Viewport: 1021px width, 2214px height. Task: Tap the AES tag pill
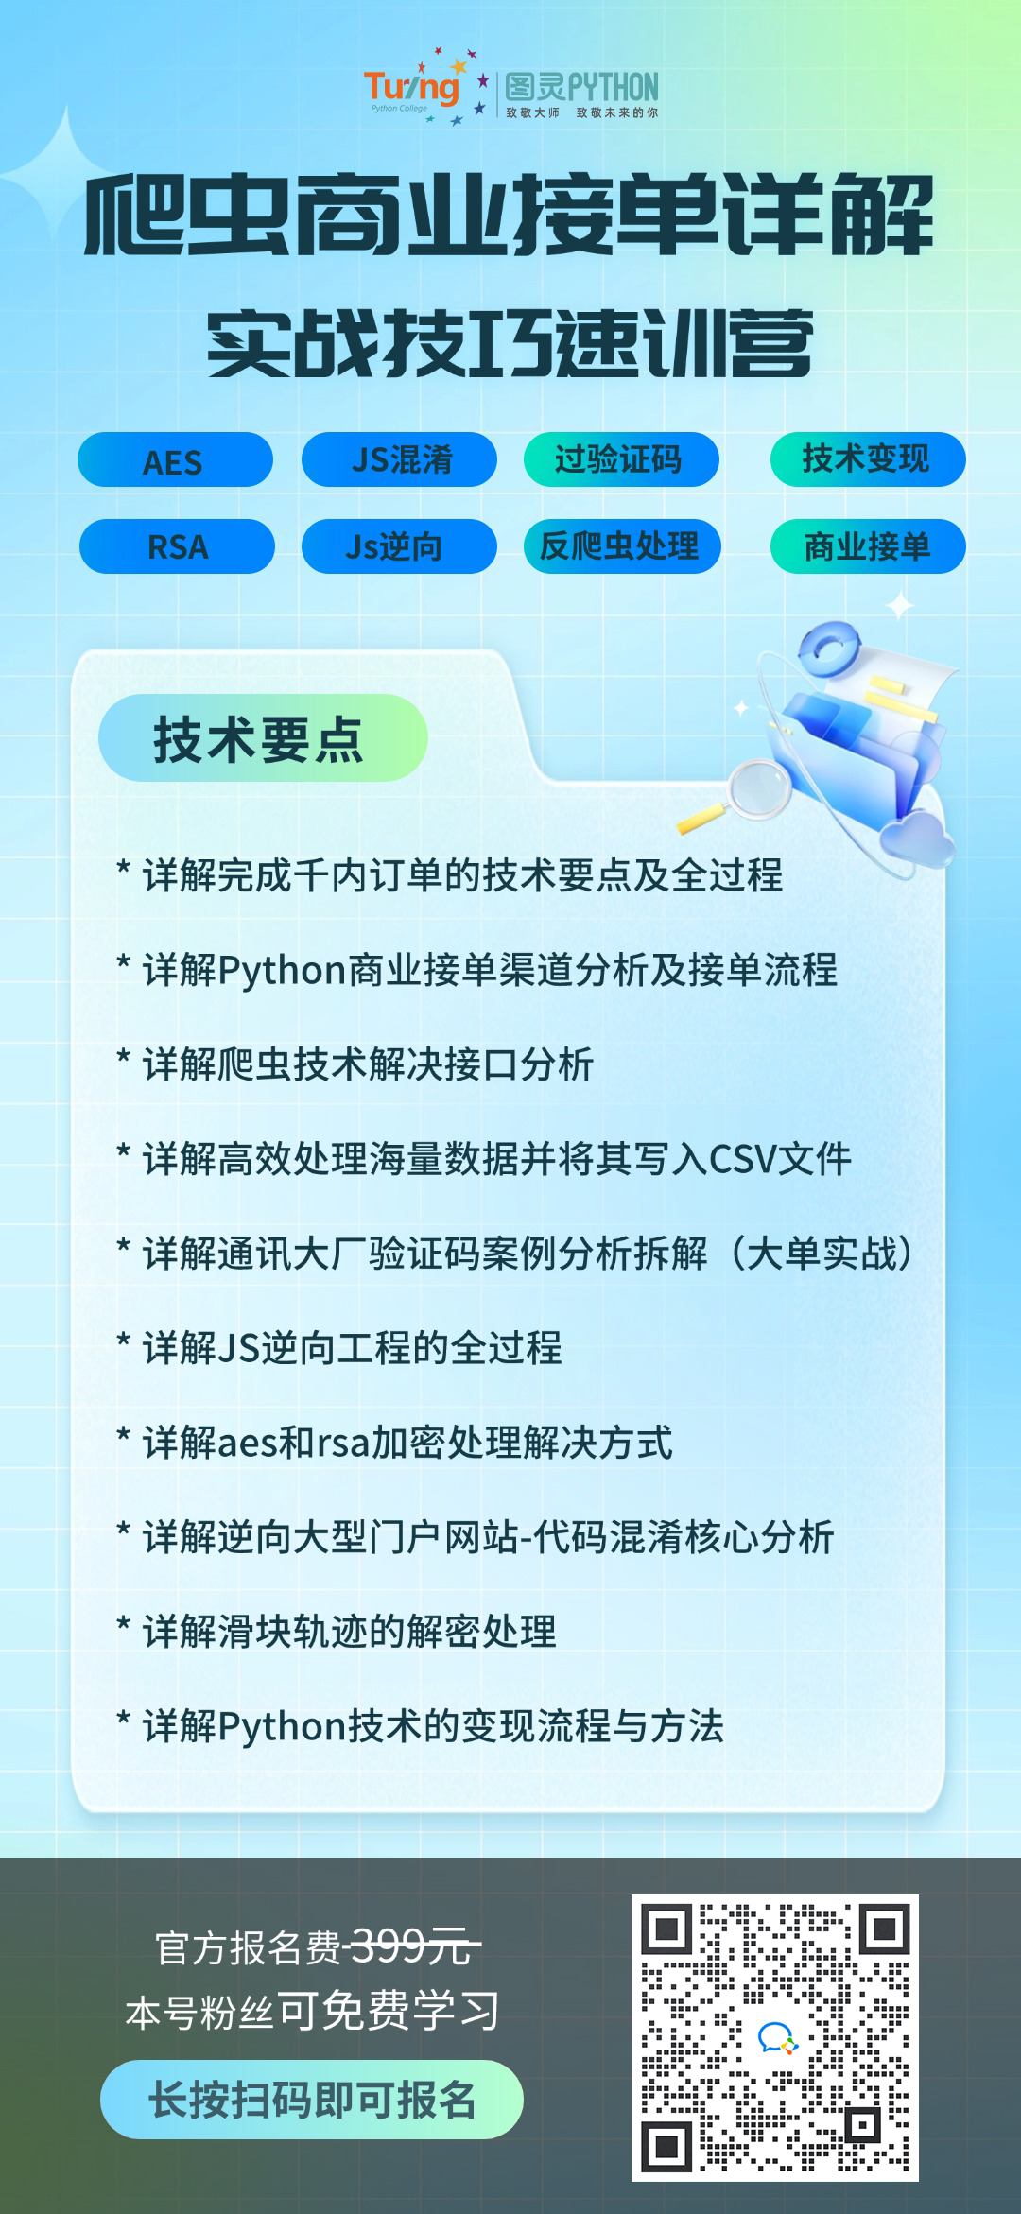click(175, 460)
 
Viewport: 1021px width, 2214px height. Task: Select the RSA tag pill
click(177, 546)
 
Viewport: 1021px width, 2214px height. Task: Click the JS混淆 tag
click(399, 459)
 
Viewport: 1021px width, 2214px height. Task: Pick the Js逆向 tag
click(399, 546)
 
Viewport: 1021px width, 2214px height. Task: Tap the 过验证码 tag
click(621, 459)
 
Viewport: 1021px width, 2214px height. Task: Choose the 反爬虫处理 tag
click(622, 546)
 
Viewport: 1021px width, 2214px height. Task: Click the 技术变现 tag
click(868, 459)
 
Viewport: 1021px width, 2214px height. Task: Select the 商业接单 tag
click(868, 546)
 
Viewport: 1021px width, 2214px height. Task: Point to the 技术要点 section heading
click(263, 738)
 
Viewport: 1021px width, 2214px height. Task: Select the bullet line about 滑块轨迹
click(337, 1632)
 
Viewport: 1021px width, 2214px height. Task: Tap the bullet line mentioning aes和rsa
click(394, 1443)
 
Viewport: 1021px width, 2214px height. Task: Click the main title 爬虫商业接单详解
click(510, 215)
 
